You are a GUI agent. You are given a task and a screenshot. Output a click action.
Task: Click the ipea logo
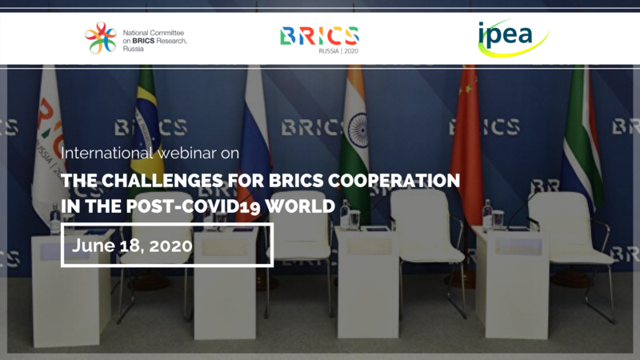tap(513, 38)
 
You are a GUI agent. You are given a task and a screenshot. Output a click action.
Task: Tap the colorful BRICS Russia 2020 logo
tap(319, 40)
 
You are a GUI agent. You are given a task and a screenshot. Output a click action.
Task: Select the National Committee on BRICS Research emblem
tap(101, 38)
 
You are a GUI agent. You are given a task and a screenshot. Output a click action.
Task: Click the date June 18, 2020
tap(132, 246)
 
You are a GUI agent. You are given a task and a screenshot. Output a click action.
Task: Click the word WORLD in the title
tap(300, 206)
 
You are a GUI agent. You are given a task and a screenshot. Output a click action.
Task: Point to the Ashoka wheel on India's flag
tap(358, 130)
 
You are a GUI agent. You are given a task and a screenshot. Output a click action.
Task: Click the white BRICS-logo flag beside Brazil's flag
tap(49, 143)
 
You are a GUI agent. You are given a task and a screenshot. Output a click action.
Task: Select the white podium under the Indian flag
tap(368, 282)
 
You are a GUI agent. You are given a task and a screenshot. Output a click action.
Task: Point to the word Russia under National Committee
tap(134, 49)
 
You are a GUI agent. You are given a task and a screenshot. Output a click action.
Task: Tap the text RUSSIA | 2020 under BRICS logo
tap(338, 51)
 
